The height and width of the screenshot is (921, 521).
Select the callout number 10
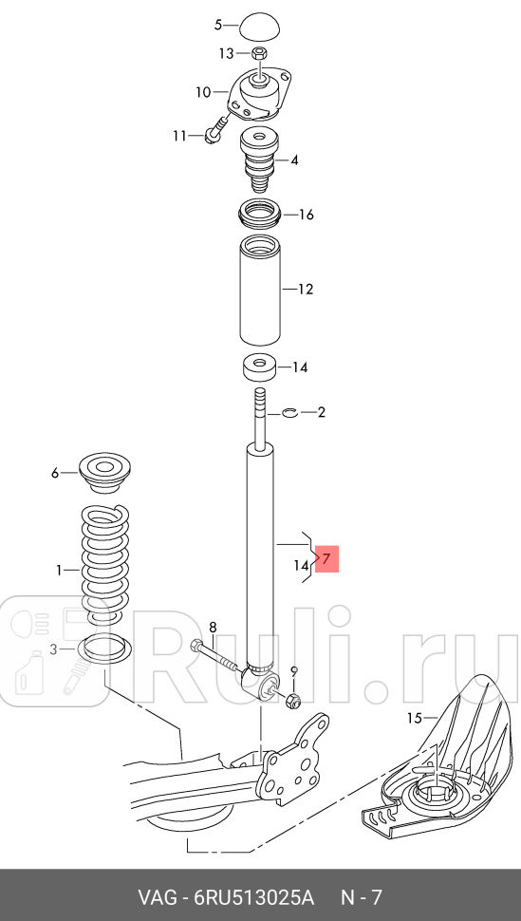(203, 92)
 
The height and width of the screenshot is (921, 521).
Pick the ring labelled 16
(259, 215)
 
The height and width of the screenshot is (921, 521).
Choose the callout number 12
(305, 289)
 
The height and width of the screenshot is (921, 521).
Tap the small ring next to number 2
(290, 412)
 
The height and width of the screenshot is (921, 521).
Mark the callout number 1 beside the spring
(59, 571)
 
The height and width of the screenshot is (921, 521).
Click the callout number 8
(213, 627)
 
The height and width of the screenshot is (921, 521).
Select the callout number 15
(413, 718)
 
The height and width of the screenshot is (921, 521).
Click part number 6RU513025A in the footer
(254, 896)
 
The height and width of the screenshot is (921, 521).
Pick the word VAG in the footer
(158, 896)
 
